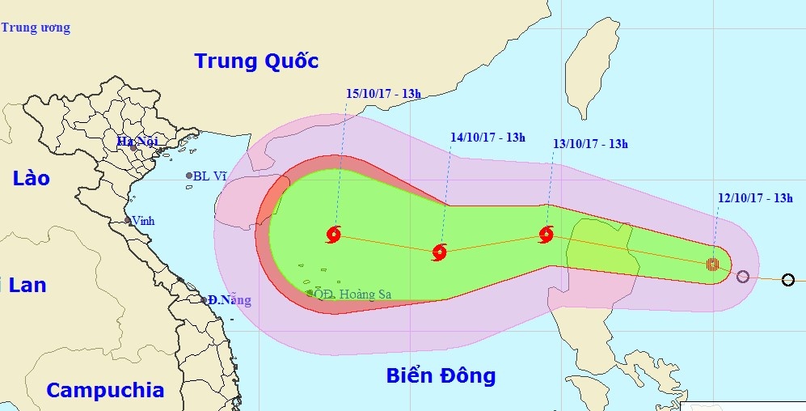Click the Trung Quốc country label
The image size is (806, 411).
pyautogui.click(x=256, y=61)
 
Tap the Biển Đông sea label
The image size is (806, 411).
pyautogui.click(x=441, y=375)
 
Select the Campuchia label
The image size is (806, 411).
pyautogui.click(x=105, y=390)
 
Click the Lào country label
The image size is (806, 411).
pyautogui.click(x=31, y=179)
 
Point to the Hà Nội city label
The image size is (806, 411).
pyautogui.click(x=137, y=142)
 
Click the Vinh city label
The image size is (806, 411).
pyautogui.click(x=144, y=221)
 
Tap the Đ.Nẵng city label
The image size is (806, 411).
pyautogui.click(x=230, y=300)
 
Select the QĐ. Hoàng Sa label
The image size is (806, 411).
pyautogui.click(x=352, y=294)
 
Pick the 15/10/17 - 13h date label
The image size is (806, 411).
pyautogui.click(x=383, y=94)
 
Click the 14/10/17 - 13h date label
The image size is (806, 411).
pyautogui.click(x=487, y=138)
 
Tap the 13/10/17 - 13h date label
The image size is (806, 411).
pyautogui.click(x=590, y=144)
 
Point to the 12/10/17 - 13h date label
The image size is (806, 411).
pyautogui.click(x=755, y=197)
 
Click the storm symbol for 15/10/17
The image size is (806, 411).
pyautogui.click(x=334, y=235)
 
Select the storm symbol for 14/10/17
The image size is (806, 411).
pyautogui.click(x=439, y=252)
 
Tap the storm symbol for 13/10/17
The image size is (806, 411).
pyautogui.click(x=546, y=235)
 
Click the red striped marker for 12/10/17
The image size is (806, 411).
pyautogui.click(x=712, y=263)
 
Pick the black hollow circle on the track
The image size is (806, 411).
pyautogui.click(x=788, y=280)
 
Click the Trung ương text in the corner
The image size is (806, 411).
pyautogui.click(x=36, y=28)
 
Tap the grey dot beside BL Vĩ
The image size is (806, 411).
pyautogui.click(x=189, y=176)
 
